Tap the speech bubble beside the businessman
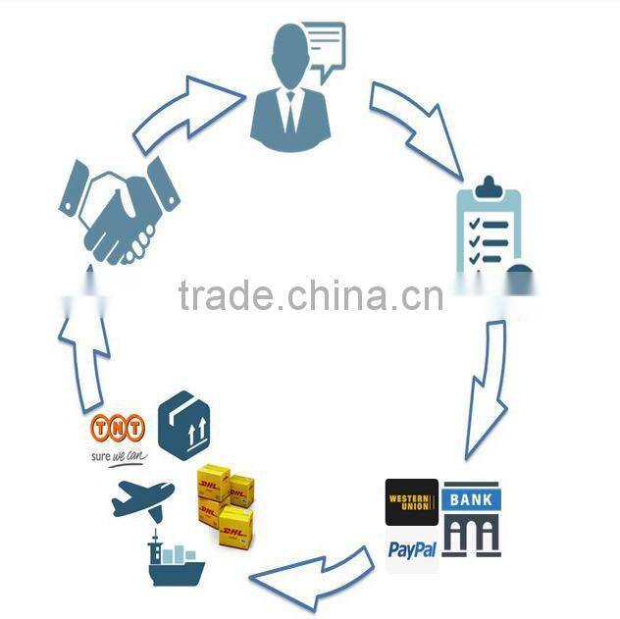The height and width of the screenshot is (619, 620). tap(325, 45)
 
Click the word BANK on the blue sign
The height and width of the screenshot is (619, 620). tap(472, 498)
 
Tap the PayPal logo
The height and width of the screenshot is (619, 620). tap(412, 548)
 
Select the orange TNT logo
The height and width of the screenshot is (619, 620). tap(117, 427)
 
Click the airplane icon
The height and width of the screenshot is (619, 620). tap(141, 497)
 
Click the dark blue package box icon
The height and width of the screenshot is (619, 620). tap(184, 424)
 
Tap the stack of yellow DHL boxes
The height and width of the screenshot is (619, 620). tap(225, 500)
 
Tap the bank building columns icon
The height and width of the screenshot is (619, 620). tap(472, 536)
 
